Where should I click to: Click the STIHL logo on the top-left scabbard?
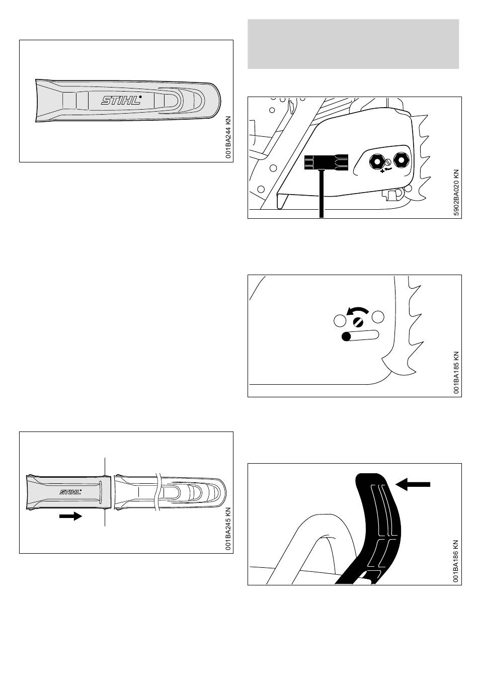(121, 101)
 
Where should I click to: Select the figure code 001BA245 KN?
(228, 529)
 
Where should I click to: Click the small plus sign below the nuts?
(382, 172)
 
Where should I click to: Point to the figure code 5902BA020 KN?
(456, 192)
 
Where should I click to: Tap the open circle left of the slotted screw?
(340, 319)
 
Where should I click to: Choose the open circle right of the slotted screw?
(378, 317)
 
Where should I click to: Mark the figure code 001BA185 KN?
(456, 372)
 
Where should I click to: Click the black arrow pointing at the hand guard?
(413, 484)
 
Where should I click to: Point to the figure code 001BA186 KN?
(456, 560)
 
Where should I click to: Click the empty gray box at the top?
(353, 44)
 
